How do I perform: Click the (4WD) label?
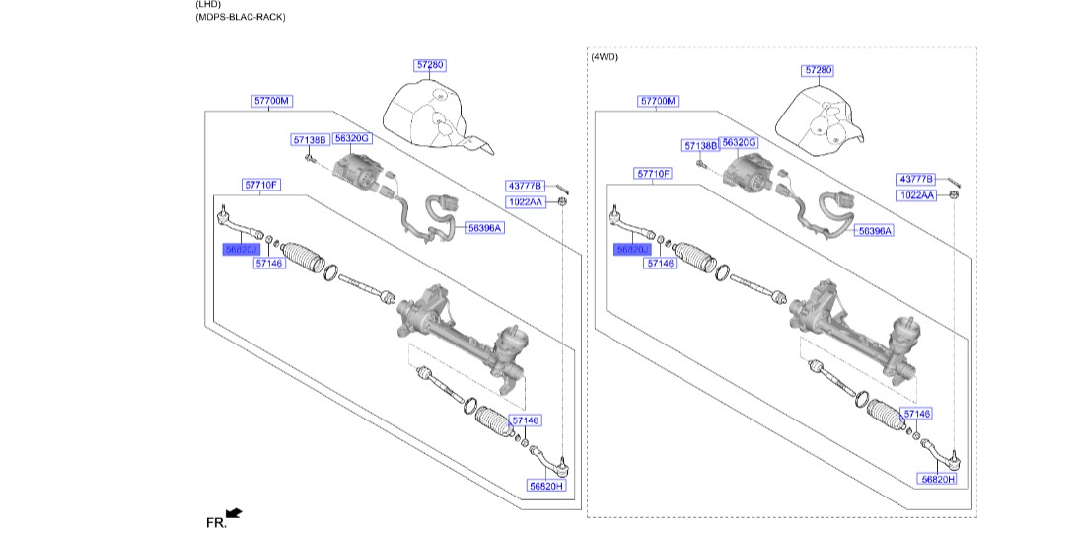pyautogui.click(x=605, y=57)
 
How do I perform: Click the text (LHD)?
pyautogui.click(x=209, y=4)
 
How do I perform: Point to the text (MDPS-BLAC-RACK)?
pyautogui.click(x=241, y=17)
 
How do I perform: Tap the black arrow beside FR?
pyautogui.click(x=234, y=513)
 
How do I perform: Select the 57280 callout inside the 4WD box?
pyautogui.click(x=819, y=71)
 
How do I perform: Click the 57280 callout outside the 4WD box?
pyautogui.click(x=430, y=65)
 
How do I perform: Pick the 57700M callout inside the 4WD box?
pyautogui.click(x=658, y=101)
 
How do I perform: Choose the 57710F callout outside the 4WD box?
pyautogui.click(x=262, y=185)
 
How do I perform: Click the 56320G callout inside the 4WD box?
pyautogui.click(x=740, y=143)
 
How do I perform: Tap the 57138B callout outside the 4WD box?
pyautogui.click(x=309, y=140)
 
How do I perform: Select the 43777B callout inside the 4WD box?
pyautogui.click(x=915, y=179)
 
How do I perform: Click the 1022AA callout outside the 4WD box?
pyautogui.click(x=526, y=201)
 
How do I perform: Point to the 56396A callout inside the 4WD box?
pyautogui.click(x=874, y=230)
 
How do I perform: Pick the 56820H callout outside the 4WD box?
pyautogui.click(x=545, y=486)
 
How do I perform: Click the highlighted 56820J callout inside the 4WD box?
pyautogui.click(x=631, y=251)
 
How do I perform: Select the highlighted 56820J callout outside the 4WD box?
pyautogui.click(x=241, y=251)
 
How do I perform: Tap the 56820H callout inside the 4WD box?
pyautogui.click(x=937, y=478)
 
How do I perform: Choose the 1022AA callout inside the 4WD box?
pyautogui.click(x=916, y=195)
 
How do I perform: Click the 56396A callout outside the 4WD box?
pyautogui.click(x=483, y=228)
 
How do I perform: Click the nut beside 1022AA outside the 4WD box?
pyautogui.click(x=560, y=201)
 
